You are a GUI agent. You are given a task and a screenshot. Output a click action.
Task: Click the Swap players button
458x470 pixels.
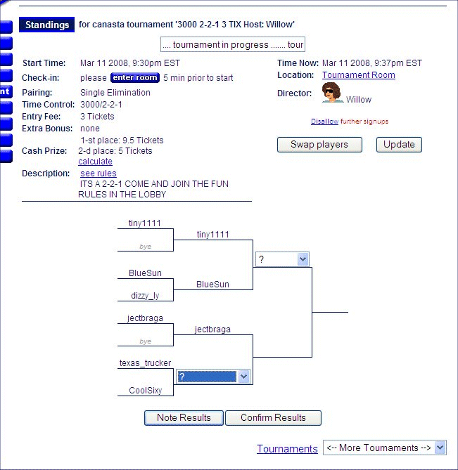tap(319, 145)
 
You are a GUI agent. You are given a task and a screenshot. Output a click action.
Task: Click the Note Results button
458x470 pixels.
tap(184, 417)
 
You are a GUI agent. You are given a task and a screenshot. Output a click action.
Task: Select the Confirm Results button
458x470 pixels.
tap(273, 417)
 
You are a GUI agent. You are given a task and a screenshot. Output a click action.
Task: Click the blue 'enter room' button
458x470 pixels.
tap(135, 78)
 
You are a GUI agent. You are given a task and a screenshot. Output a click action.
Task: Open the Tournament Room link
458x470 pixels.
tap(358, 75)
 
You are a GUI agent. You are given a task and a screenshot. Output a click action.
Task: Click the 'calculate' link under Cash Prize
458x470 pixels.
tap(95, 162)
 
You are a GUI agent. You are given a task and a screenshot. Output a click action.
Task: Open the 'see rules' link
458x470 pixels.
tap(98, 174)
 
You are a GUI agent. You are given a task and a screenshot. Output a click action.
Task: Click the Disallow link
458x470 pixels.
tap(324, 122)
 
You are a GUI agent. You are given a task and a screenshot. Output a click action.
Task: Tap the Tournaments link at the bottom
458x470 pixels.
tap(287, 449)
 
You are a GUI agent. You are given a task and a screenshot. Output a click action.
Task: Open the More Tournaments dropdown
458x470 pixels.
tap(384, 448)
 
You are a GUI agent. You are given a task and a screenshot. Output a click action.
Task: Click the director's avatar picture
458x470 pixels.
tap(332, 93)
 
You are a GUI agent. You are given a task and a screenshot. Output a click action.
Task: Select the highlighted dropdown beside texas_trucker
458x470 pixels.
tap(213, 377)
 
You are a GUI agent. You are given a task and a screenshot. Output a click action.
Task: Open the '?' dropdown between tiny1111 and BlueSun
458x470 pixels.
tap(282, 259)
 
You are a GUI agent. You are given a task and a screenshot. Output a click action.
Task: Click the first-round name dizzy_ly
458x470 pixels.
tap(145, 296)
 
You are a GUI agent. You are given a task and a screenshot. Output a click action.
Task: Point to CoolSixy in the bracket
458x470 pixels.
tap(145, 391)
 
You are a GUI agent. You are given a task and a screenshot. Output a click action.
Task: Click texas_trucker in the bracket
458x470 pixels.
tap(145, 363)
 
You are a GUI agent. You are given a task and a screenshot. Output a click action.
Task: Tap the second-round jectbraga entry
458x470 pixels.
tap(212, 329)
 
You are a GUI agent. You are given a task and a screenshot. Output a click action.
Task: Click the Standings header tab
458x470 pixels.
tap(47, 25)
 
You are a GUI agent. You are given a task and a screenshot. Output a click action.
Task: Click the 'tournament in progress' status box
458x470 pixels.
tap(232, 45)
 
